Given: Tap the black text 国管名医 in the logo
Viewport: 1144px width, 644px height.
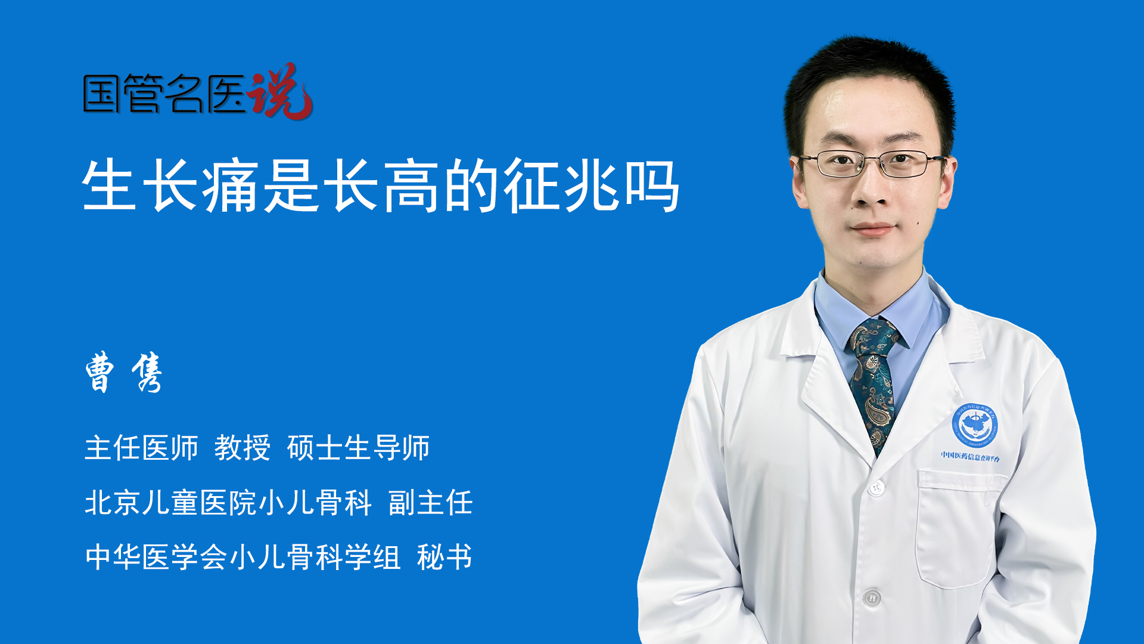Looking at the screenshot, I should [164, 94].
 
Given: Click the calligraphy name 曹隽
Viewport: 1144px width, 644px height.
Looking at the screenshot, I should [124, 372].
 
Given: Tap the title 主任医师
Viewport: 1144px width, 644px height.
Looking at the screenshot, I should [141, 448].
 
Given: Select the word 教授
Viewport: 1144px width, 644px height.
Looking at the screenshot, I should [242, 448].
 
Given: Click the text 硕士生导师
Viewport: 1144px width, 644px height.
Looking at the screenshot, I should [358, 448].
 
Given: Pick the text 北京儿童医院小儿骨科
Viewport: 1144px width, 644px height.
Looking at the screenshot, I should [228, 503].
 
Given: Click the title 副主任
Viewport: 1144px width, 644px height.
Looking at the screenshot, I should [430, 503].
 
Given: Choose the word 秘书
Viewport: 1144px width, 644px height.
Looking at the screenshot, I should [444, 558].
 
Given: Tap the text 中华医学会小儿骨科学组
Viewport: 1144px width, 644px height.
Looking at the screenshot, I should [243, 558].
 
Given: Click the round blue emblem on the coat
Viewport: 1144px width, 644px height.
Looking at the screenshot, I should [974, 425].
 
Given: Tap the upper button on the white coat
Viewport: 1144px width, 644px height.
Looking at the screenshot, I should [875, 488].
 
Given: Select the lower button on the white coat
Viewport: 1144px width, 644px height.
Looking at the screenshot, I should [872, 597].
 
